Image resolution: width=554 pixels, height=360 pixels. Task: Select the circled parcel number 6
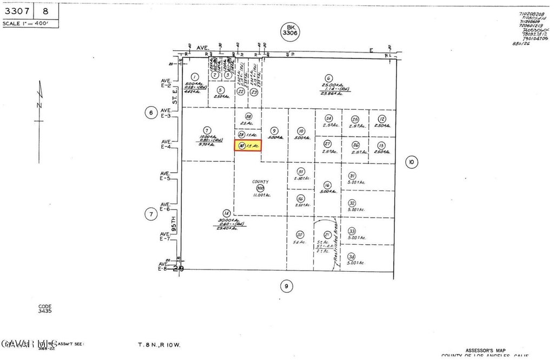328,77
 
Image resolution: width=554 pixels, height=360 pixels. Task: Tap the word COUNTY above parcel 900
260,182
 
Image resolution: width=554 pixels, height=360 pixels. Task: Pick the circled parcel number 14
227,213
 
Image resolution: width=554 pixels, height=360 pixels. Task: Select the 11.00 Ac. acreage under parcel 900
260,194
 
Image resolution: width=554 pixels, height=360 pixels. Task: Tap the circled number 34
352,257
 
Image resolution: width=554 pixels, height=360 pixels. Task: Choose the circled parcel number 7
207,130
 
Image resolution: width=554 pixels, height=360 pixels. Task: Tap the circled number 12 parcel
382,119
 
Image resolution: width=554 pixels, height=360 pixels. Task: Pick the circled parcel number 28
248,116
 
